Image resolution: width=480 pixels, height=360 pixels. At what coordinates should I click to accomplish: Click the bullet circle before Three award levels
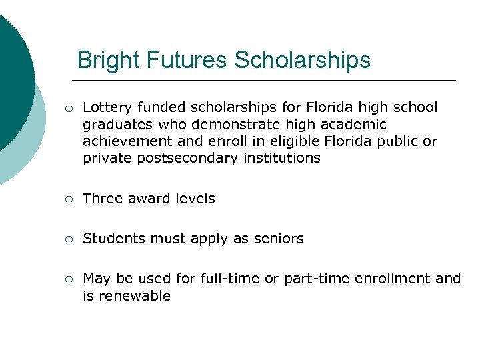click(69, 199)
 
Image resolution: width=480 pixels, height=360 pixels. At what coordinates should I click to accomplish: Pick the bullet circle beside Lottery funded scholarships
click(69, 108)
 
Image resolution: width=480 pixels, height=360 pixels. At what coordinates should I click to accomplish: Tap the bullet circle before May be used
click(69, 279)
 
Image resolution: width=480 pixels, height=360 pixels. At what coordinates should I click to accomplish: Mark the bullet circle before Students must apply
click(69, 239)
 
